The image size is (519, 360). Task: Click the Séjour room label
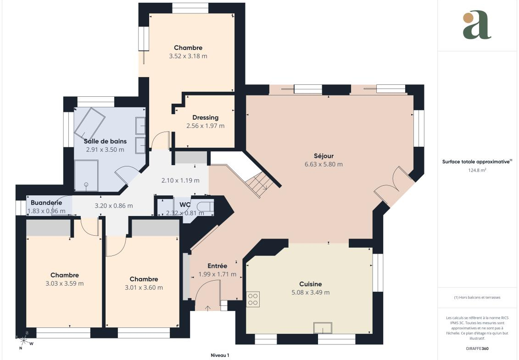click(x=324, y=156)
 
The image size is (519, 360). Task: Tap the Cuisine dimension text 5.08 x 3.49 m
click(x=311, y=293)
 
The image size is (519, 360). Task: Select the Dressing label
click(x=205, y=117)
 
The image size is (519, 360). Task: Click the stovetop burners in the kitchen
click(x=253, y=299)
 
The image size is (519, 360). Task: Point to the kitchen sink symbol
click(x=323, y=328)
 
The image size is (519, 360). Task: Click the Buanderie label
click(x=46, y=203)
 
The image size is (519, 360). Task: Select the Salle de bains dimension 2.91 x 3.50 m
click(x=105, y=150)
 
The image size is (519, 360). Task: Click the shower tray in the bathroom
click(x=86, y=176)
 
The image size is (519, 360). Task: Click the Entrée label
click(x=217, y=266)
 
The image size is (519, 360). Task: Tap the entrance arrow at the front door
click(x=207, y=308)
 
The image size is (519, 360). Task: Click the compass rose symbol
click(x=23, y=340)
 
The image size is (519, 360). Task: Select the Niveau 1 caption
click(x=220, y=355)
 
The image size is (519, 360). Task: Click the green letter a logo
click(x=477, y=25)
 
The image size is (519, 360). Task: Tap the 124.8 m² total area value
click(x=477, y=171)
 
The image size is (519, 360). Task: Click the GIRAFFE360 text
click(x=477, y=349)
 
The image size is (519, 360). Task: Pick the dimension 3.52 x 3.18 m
click(x=188, y=56)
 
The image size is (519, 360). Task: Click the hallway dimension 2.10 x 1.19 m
click(x=180, y=180)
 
